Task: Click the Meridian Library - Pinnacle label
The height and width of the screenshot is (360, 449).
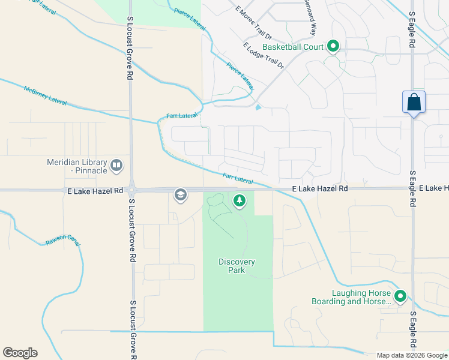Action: (x=77, y=166)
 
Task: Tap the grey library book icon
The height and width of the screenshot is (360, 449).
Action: (x=116, y=164)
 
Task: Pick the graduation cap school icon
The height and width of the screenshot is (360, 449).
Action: (x=180, y=194)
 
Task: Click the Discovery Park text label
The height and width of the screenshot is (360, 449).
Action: (x=237, y=266)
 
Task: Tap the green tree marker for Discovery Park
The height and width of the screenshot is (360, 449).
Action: (x=240, y=200)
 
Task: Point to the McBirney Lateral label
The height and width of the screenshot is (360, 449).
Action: (x=45, y=96)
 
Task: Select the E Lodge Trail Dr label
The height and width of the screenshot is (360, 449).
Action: (x=264, y=55)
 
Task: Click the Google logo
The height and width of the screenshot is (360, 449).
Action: (x=20, y=353)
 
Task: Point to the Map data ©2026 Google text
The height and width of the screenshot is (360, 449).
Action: (x=412, y=355)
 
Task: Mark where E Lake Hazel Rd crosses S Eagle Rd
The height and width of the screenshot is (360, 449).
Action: (x=412, y=189)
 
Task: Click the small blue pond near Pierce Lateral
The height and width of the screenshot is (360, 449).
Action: (x=258, y=108)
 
